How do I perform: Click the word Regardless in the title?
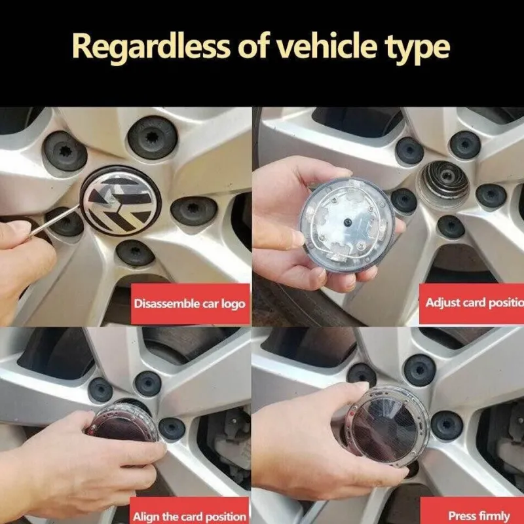click(151, 47)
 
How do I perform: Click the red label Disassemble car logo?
click(190, 304)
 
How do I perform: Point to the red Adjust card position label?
click(472, 303)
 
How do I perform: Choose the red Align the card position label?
click(189, 510)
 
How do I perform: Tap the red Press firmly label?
click(472, 511)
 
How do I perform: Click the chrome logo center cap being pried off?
click(121, 200)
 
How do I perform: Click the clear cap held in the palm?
click(348, 224)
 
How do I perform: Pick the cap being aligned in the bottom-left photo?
click(122, 422)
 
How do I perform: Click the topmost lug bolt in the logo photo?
click(153, 138)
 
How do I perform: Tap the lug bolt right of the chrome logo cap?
click(194, 210)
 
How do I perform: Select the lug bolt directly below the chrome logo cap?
click(135, 253)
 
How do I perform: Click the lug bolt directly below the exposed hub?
click(451, 227)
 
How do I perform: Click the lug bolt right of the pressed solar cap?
click(447, 425)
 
